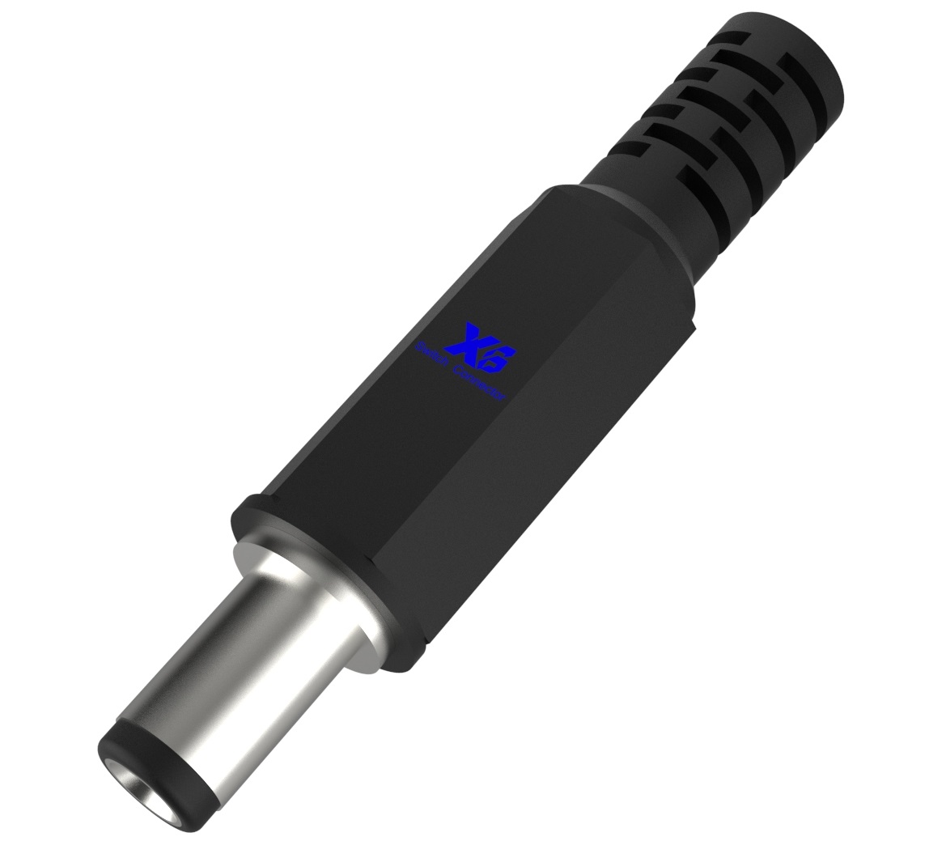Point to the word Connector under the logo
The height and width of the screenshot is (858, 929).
click(480, 384)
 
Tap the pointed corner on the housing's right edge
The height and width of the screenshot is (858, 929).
click(694, 327)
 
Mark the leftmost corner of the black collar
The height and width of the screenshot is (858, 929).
click(235, 513)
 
